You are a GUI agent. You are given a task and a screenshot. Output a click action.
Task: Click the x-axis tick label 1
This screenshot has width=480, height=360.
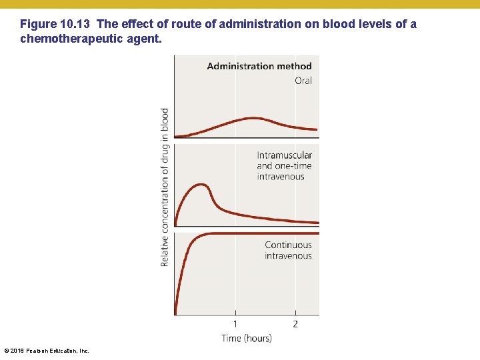tap(235, 324)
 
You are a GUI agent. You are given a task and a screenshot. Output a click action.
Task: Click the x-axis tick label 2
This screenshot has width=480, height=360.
tap(295, 324)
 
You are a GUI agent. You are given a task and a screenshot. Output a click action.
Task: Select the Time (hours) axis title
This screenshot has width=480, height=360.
tap(247, 338)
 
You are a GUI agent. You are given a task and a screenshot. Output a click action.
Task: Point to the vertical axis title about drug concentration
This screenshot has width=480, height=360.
tap(165, 187)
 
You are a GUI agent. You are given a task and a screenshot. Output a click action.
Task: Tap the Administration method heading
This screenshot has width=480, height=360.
tap(259, 66)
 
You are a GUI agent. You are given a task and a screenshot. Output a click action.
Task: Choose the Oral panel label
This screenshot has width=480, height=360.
tap(303, 81)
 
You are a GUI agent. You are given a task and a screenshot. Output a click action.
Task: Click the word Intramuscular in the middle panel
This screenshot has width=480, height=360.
tap(284, 155)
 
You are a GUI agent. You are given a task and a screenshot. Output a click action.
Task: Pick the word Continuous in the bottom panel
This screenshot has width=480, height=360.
tap(288, 245)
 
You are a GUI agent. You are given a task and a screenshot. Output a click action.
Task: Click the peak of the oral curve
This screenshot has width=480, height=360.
tap(254, 118)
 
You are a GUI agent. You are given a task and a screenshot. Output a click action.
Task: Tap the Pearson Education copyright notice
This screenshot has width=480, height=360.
tap(46, 351)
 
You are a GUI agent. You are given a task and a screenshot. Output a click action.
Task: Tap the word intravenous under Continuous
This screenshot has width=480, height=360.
tap(288, 255)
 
